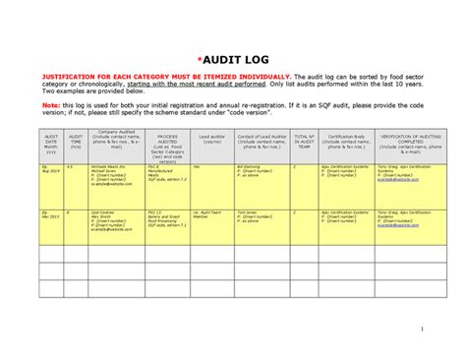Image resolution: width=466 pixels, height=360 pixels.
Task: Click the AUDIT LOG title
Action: (x=233, y=59)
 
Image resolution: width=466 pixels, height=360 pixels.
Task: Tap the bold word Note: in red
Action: (x=48, y=102)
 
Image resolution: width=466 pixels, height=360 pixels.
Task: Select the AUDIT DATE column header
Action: (x=51, y=145)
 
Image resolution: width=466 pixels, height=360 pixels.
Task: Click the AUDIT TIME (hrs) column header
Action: (x=76, y=145)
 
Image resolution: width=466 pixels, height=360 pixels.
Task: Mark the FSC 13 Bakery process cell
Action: (x=167, y=218)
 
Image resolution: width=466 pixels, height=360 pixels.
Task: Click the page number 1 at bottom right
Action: (x=420, y=329)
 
